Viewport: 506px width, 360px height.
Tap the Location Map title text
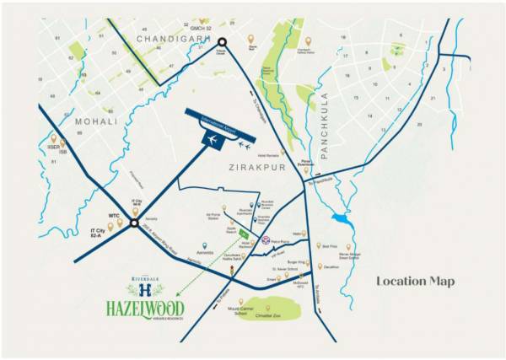415,281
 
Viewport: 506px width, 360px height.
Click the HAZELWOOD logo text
145,308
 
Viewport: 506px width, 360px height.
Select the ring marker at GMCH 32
223,42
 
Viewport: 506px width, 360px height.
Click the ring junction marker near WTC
133,223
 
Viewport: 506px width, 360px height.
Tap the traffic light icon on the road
234,269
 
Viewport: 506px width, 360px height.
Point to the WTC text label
114,216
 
